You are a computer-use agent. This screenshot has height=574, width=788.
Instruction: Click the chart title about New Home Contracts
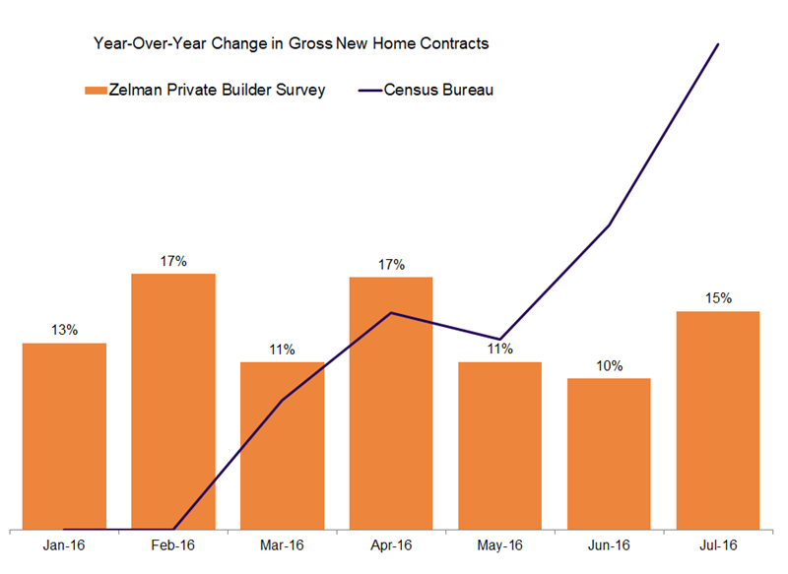pos(291,44)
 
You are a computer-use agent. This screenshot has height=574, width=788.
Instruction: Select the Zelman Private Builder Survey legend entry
pos(205,91)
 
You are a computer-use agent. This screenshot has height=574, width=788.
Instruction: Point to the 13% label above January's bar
pos(65,330)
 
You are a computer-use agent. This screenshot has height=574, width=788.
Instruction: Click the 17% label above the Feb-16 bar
pos(173,261)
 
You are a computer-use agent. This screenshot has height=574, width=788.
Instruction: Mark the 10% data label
pos(609,366)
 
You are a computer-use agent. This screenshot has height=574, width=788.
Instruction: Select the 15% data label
pos(718,298)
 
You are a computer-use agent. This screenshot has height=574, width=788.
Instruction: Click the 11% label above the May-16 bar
pos(500,349)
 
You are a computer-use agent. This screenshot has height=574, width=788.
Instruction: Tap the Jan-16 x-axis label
pos(64,544)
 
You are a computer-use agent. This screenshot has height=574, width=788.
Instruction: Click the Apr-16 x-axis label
pos(391,544)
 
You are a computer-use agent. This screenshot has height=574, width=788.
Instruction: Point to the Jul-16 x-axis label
pos(718,544)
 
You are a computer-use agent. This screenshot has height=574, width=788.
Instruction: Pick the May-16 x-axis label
pos(500,544)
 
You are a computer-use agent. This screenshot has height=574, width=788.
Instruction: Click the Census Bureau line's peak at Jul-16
pos(718,44)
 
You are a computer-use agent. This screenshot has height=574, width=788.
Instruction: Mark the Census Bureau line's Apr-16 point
pos(391,313)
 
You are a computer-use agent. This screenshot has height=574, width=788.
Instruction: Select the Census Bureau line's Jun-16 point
pos(609,226)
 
